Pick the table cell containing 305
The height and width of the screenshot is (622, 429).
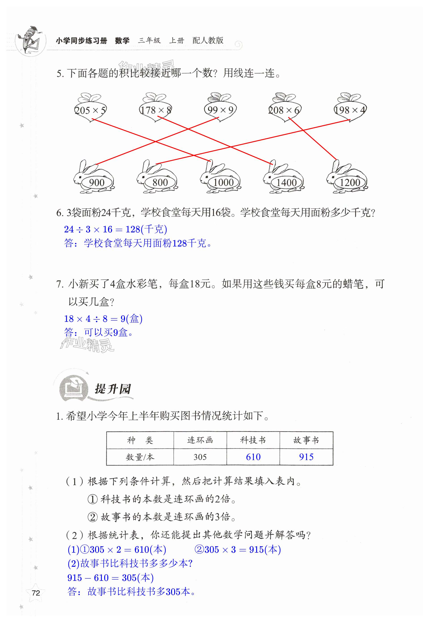point(200,457)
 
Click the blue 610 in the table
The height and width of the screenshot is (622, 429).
point(253,457)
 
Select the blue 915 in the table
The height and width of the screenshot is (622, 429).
point(306,457)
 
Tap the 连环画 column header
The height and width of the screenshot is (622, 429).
point(200,440)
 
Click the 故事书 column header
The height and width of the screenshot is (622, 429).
point(306,440)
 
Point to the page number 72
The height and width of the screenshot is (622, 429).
point(36,593)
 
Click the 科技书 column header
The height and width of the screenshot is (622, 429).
point(253,440)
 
